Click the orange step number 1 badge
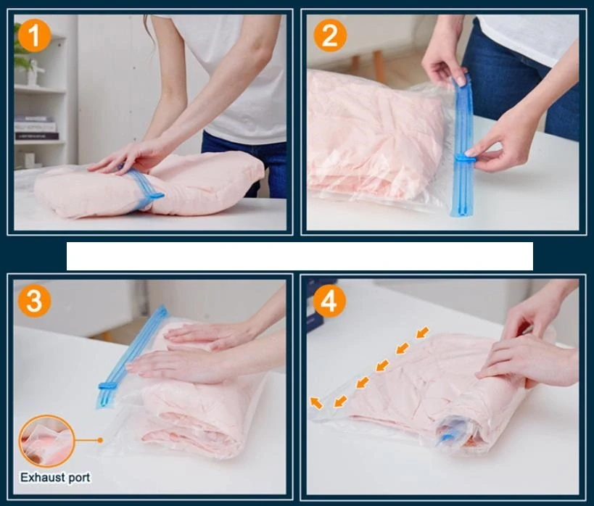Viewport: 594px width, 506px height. pos(35,36)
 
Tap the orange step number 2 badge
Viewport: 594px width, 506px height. pos(330,36)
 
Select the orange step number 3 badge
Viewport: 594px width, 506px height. pos(35,300)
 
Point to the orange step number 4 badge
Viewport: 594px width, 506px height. pos(329,302)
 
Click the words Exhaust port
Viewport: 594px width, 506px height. pos(55,477)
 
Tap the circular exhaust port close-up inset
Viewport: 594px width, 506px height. pos(47,441)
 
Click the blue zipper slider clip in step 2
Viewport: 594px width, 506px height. pos(465,159)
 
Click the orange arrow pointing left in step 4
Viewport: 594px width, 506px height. pos(316,402)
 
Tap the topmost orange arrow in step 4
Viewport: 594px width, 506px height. pos(423,332)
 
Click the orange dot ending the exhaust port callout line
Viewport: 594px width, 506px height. pos(100,440)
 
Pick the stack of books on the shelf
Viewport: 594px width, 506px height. pos(36,128)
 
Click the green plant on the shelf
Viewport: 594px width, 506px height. pos(21,49)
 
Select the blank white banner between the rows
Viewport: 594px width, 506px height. pos(300,256)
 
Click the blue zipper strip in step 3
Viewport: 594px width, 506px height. pos(131,356)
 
